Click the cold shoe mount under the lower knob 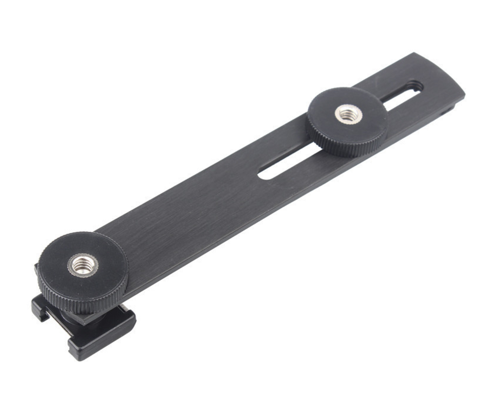point(95,331)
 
